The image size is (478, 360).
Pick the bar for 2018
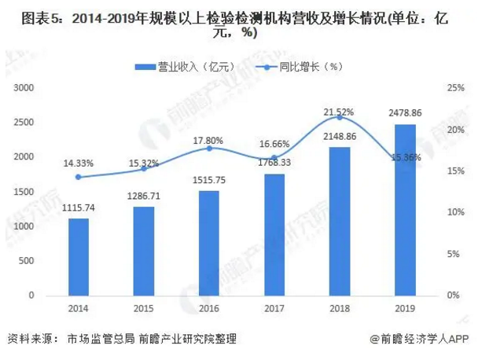click(340, 221)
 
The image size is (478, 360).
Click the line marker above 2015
click(144, 169)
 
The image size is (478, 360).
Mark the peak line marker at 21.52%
click(340, 117)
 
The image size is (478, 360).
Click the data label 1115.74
click(79, 208)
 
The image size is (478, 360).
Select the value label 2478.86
click(405, 112)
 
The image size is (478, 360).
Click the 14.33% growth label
click(79, 163)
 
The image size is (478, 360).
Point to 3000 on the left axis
click(24, 88)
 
